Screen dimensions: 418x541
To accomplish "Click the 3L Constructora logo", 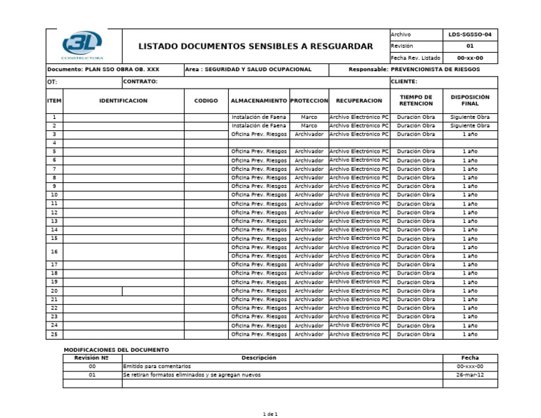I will click(x=82, y=44).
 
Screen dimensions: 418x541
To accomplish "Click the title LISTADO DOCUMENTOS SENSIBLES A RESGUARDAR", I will click(x=256, y=46).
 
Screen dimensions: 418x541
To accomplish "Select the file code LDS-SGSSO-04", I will click(x=470, y=34).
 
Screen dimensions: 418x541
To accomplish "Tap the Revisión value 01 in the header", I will click(x=470, y=46).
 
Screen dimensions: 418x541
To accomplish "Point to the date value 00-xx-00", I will click(x=470, y=58).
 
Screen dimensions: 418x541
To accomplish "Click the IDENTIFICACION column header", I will click(x=123, y=101).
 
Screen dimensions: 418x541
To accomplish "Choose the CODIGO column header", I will click(x=206, y=101).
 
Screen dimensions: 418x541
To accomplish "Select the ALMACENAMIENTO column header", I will click(x=259, y=101).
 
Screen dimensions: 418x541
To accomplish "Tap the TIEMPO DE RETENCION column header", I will click(x=416, y=101).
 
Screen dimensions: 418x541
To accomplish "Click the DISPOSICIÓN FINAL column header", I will click(x=470, y=101).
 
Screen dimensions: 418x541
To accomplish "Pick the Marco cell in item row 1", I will click(x=309, y=117).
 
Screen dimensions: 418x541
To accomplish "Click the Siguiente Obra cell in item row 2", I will click(x=470, y=125).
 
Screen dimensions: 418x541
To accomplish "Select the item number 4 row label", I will click(x=54, y=142).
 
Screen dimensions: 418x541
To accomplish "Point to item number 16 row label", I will click(x=54, y=251).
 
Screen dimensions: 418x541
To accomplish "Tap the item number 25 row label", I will click(x=54, y=334).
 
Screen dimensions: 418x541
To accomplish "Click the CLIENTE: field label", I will click(x=404, y=82).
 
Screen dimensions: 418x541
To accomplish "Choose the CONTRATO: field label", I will click(x=140, y=82).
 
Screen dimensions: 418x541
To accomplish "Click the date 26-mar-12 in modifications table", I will click(x=470, y=375).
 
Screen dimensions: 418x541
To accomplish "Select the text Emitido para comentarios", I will click(x=156, y=367).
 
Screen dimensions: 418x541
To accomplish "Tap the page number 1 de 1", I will click(x=270, y=414).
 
